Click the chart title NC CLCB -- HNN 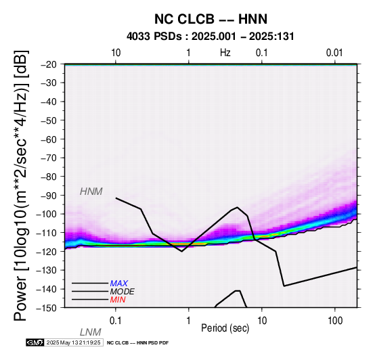[x=211, y=19]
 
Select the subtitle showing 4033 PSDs [x=211, y=37]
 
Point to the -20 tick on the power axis [x=49, y=64]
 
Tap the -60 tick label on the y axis [x=49, y=139]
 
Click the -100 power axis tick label [x=47, y=214]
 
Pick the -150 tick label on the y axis [x=47, y=308]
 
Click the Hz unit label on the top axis [x=225, y=53]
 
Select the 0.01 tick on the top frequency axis [x=334, y=53]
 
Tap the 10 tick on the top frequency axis [x=116, y=53]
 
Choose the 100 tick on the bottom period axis [x=335, y=321]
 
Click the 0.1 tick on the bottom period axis [x=115, y=321]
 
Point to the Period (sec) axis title [x=225, y=328]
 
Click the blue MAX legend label [x=119, y=284]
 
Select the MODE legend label [x=123, y=292]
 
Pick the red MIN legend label [x=118, y=300]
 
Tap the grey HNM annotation [x=91, y=192]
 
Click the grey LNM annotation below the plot [x=91, y=332]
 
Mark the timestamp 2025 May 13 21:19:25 [x=73, y=343]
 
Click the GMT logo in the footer [x=35, y=343]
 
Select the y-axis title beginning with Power [x=20, y=185]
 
